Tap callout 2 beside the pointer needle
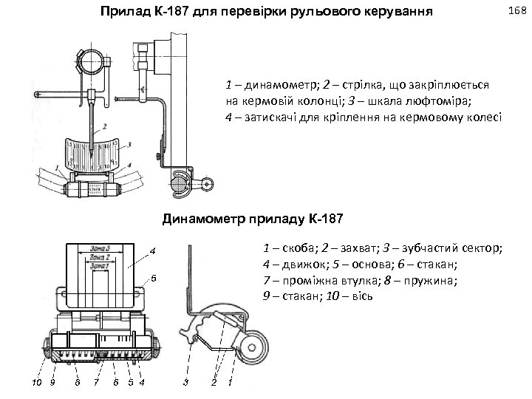pyautogui.click(x=105, y=126)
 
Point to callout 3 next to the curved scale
pyautogui.click(x=130, y=146)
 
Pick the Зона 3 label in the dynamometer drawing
pyautogui.click(x=100, y=248)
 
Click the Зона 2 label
pyautogui.click(x=100, y=257)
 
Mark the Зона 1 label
pyautogui.click(x=100, y=266)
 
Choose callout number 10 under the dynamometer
pyautogui.click(x=35, y=381)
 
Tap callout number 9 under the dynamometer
pyautogui.click(x=52, y=381)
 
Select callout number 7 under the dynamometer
pyautogui.click(x=96, y=381)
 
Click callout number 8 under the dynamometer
pyautogui.click(x=77, y=381)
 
